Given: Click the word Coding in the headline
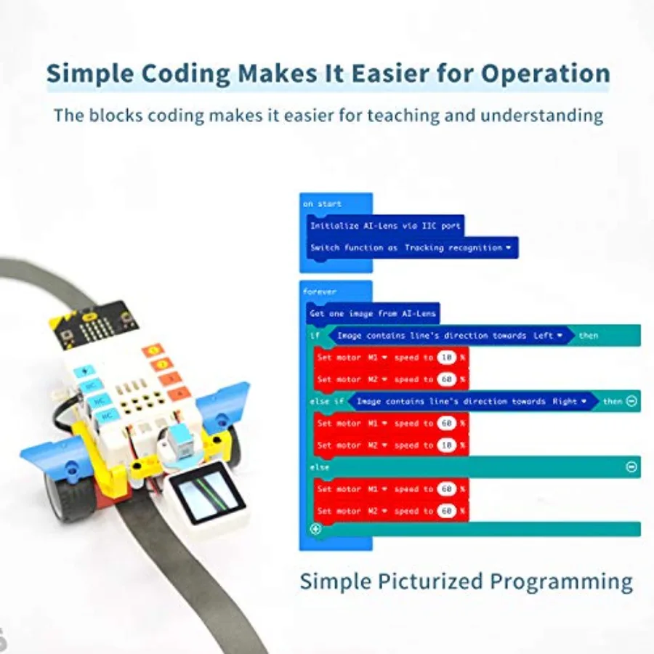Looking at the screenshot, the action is (185, 73).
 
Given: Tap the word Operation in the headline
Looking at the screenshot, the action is (546, 73).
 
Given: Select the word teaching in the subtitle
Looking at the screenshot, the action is (401, 116).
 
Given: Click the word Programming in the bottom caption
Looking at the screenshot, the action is (561, 582).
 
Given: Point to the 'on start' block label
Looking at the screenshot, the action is (323, 204).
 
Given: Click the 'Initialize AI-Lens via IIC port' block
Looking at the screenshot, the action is (385, 226).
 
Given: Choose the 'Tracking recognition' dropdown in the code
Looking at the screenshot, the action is (458, 248).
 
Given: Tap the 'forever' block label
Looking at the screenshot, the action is (320, 291).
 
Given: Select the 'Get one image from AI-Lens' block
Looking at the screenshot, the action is (373, 314).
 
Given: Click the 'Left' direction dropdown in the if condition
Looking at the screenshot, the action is (548, 335).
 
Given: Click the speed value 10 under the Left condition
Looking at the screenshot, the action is (447, 358).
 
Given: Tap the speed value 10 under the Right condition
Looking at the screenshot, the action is (447, 445).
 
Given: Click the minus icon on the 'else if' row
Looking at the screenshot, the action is (631, 401).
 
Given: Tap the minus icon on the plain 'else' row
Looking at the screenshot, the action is (631, 467).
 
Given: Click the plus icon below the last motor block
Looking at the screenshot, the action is (316, 529).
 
